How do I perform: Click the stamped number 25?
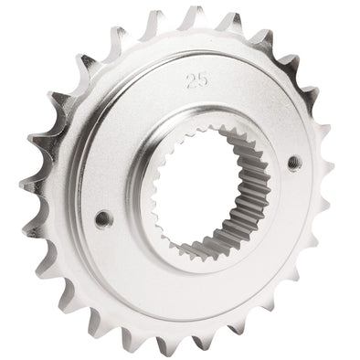point(197,80)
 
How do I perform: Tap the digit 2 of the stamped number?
point(192,81)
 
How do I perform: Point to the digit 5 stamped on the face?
point(204,79)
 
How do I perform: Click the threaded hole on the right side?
point(295,162)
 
